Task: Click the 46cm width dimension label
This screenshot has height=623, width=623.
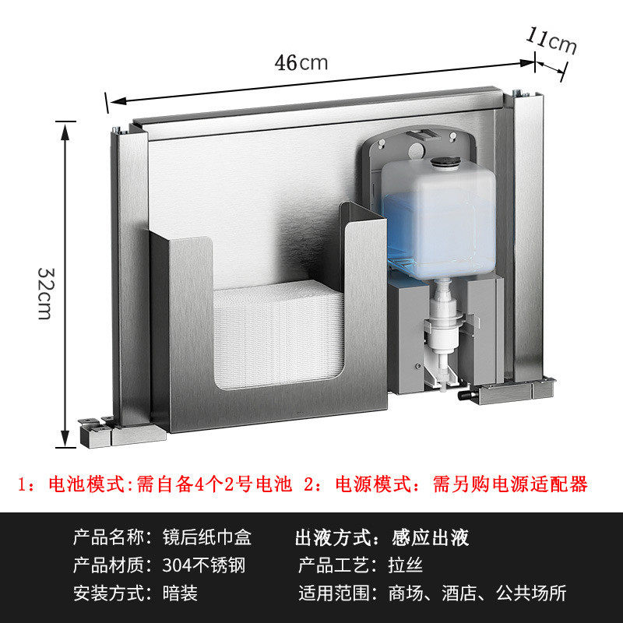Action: [x=301, y=62]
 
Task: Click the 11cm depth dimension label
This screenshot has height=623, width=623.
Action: [x=552, y=40]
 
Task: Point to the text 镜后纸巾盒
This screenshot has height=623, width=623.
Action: [x=209, y=537]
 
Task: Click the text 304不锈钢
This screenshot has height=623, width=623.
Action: [x=204, y=565]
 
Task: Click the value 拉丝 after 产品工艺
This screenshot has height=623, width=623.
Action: [x=405, y=565]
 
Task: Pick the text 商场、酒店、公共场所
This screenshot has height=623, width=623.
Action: [x=477, y=593]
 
